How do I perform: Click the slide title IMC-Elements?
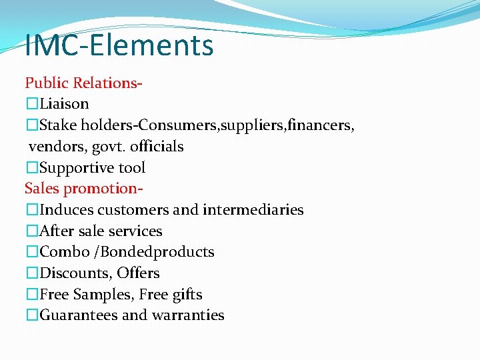tap(119, 45)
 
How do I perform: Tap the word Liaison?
tap(64, 104)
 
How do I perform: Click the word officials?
tap(157, 147)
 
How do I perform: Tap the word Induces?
tap(66, 210)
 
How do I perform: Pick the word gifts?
tap(187, 295)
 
